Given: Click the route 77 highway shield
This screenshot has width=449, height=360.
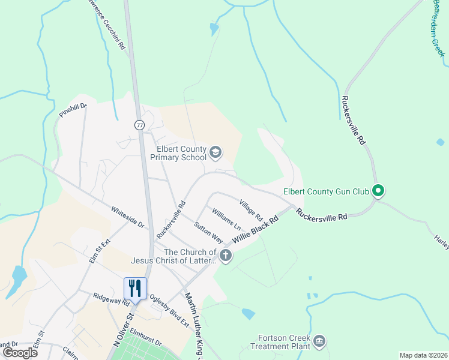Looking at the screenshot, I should pyautogui.click(x=139, y=125).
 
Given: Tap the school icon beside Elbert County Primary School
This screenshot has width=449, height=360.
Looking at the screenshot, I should pyautogui.click(x=215, y=153).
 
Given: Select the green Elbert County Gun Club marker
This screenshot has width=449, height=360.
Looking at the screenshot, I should pyautogui.click(x=378, y=192).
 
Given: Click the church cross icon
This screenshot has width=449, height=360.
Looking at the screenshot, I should pyautogui.click(x=226, y=256).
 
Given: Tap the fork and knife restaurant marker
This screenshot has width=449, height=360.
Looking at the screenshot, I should pyautogui.click(x=134, y=289).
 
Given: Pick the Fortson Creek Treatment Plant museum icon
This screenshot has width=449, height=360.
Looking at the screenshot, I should pyautogui.click(x=319, y=341).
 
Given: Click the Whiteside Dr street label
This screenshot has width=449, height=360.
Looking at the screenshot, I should pyautogui.click(x=128, y=217).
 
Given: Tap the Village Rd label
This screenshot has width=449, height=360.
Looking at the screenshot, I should pyautogui.click(x=251, y=209).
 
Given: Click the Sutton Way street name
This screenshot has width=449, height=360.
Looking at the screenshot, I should pyautogui.click(x=208, y=233).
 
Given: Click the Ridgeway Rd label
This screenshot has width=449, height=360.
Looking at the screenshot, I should pyautogui.click(x=112, y=299).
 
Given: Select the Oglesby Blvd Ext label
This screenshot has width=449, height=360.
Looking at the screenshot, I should pyautogui.click(x=169, y=310).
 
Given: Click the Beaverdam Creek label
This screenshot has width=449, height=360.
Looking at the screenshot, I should pyautogui.click(x=439, y=28).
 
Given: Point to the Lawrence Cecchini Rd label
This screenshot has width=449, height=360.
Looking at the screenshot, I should pyautogui.click(x=107, y=24).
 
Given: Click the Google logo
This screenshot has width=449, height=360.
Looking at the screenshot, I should pyautogui.click(x=20, y=352).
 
